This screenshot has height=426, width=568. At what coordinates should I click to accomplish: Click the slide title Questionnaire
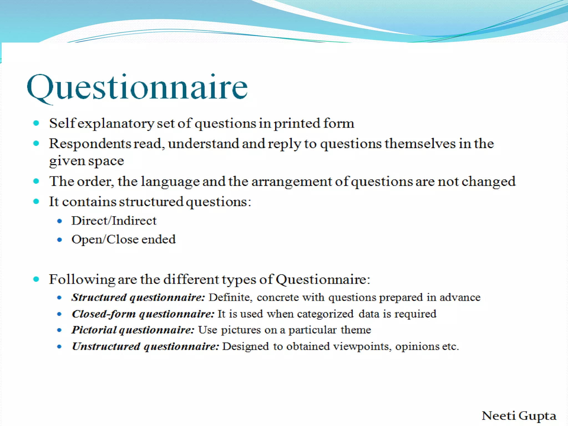point(137,87)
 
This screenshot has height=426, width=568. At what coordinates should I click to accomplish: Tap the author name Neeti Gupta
point(519,415)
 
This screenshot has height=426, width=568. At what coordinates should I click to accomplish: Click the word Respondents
point(90,144)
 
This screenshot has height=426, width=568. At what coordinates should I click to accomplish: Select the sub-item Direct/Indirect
point(114,221)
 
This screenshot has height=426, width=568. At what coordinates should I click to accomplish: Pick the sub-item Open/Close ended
point(123,239)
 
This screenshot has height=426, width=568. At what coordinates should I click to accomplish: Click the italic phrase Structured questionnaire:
point(138,297)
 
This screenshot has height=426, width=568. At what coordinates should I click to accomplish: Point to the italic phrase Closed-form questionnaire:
point(143,314)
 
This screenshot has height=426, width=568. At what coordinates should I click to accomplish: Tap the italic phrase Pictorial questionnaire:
point(133,330)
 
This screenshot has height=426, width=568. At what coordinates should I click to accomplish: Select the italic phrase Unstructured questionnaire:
point(145,346)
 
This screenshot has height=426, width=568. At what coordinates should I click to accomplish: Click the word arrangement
point(291,182)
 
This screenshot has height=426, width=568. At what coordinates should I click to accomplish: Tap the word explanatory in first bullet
point(116,123)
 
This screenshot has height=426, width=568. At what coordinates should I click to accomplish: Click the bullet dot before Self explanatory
point(36,123)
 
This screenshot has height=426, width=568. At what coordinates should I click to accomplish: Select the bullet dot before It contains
point(36,201)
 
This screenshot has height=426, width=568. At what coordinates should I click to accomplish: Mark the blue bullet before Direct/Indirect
point(59,221)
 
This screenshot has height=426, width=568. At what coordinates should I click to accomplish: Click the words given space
point(86,161)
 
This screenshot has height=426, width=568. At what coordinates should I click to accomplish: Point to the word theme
point(356,330)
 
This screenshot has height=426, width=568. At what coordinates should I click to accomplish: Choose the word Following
point(82,279)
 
